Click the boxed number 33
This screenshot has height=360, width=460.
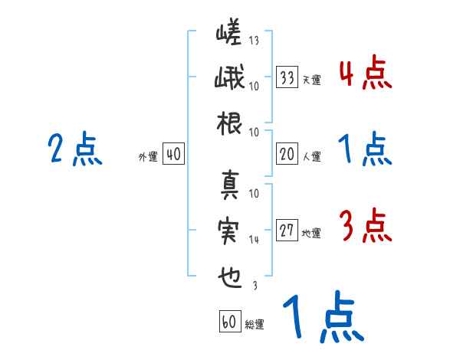click(287, 77)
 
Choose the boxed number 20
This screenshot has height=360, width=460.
click(287, 155)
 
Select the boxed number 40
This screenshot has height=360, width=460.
click(173, 155)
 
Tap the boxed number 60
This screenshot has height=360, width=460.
click(229, 321)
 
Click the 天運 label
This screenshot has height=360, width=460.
click(311, 80)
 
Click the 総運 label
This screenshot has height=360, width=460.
click(255, 324)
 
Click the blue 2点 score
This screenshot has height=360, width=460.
click(75, 149)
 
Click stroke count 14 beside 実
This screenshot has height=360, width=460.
click(254, 240)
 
